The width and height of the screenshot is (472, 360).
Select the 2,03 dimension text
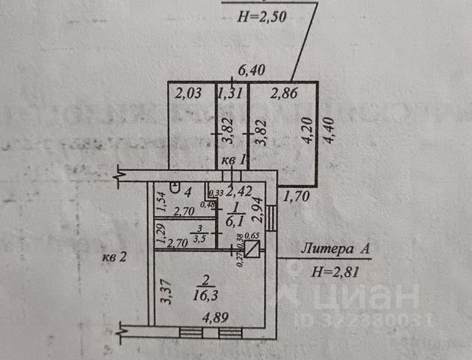coord(187,94)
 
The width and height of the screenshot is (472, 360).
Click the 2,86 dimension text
coord(284,94)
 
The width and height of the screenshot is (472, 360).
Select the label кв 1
coord(232,162)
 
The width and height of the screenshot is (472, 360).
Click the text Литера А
coord(330,248)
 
